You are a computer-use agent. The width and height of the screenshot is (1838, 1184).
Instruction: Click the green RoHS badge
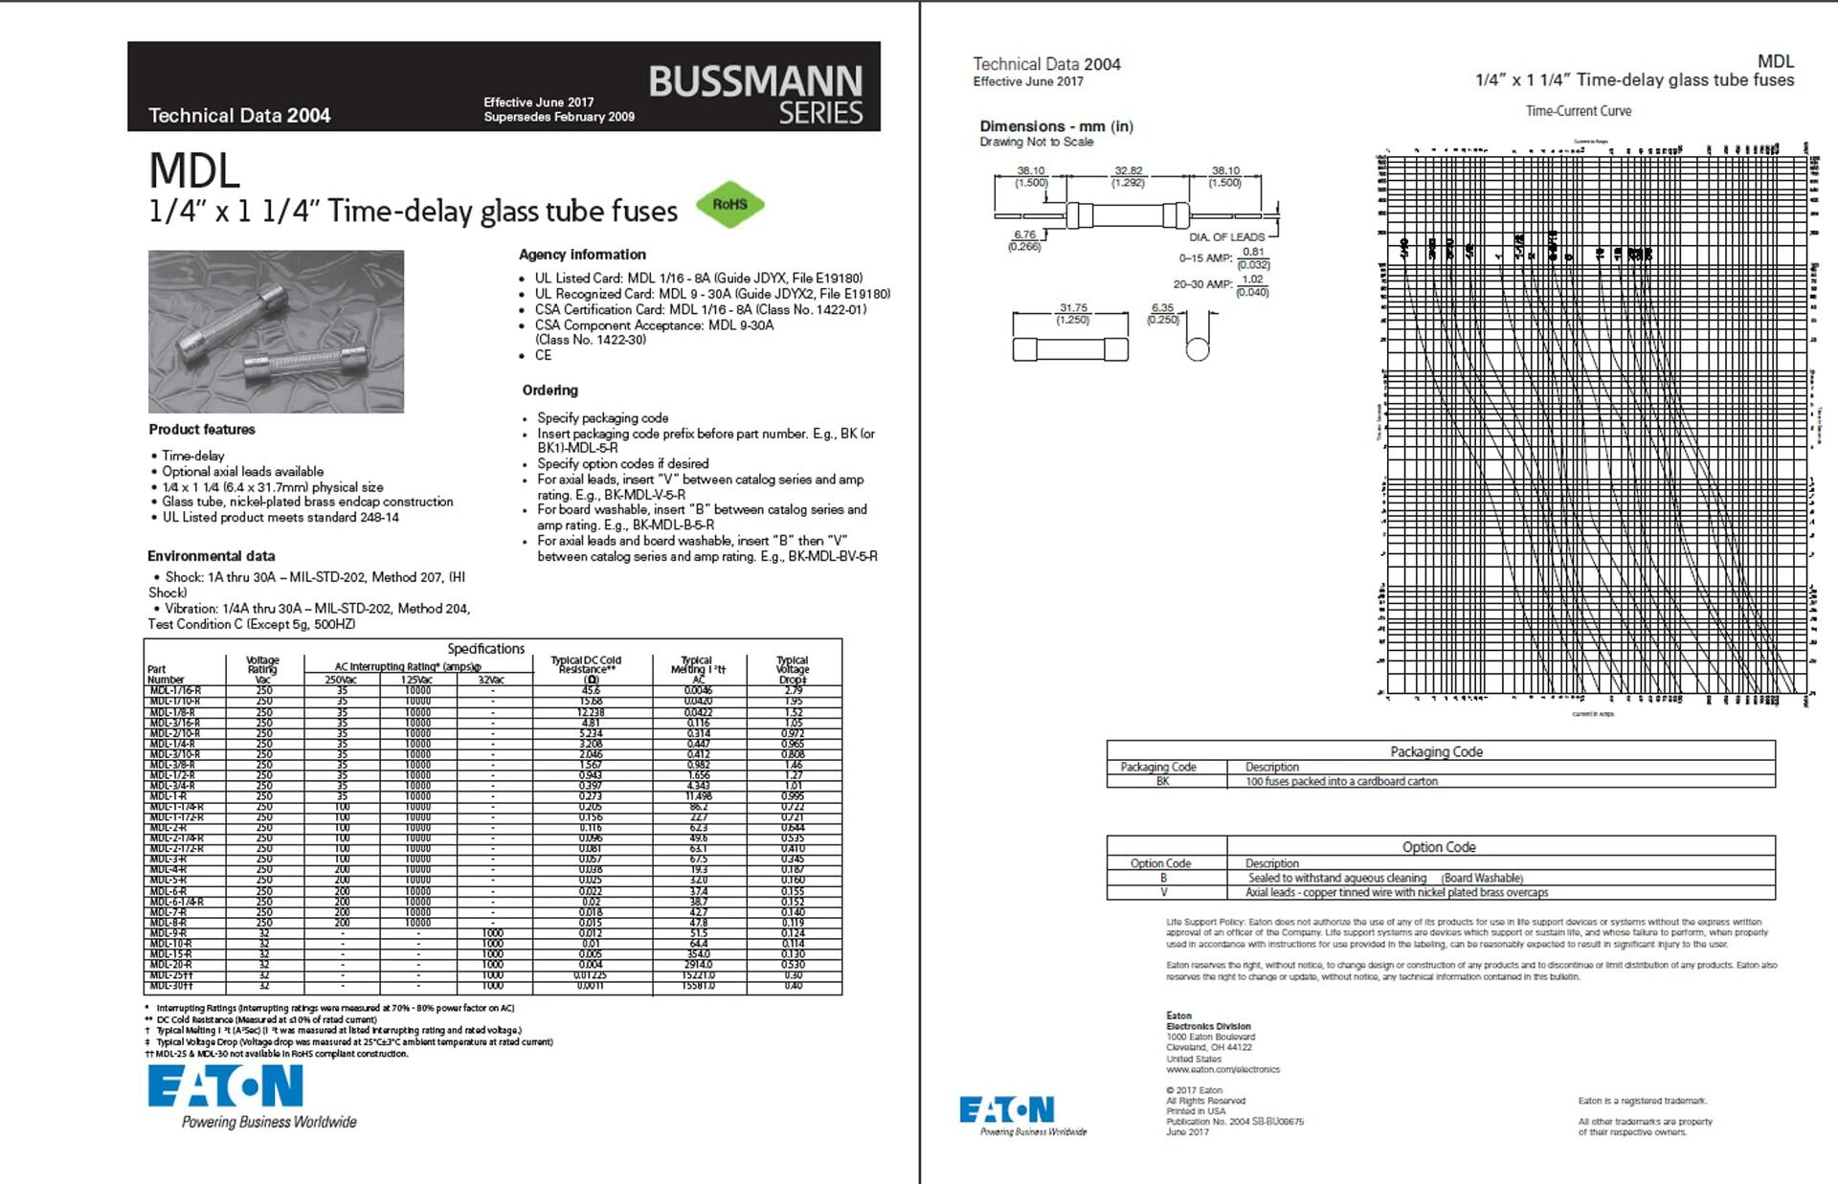[729, 204]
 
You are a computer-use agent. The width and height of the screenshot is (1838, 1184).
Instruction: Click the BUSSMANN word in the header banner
[755, 81]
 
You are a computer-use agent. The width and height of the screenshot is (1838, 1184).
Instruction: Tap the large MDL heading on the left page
[194, 171]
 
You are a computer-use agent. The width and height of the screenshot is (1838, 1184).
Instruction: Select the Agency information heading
[582, 255]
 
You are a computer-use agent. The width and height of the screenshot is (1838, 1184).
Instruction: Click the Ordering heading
[549, 391]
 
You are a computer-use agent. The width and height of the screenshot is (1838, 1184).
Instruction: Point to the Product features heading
[202, 430]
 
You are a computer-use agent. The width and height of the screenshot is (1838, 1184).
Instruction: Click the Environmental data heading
[212, 556]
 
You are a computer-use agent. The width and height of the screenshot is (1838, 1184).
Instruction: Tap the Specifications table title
[485, 649]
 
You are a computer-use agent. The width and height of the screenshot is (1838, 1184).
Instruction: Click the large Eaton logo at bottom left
[226, 1086]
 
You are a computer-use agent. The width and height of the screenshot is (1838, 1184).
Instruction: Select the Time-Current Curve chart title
[1579, 111]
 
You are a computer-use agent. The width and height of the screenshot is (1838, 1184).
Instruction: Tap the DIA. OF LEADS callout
[1226, 236]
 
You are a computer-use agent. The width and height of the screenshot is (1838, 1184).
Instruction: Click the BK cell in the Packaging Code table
[1163, 781]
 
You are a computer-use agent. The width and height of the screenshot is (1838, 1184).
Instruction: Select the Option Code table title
[1439, 847]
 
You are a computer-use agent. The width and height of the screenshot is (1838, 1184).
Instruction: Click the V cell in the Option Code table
[1164, 892]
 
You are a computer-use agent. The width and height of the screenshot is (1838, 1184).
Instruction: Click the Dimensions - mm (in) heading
[1056, 126]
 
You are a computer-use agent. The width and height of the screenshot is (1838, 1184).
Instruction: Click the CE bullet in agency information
[543, 355]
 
